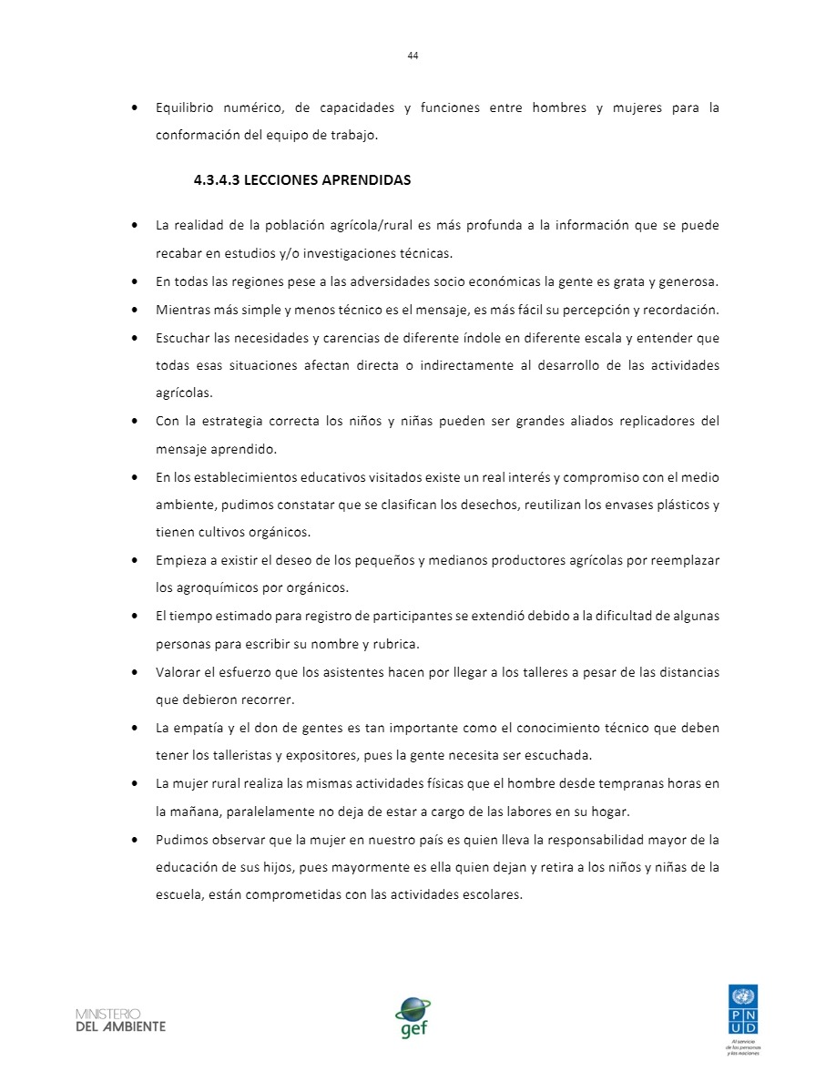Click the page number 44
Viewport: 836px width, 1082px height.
(x=413, y=56)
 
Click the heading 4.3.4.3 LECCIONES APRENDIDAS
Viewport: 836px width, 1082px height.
(x=301, y=180)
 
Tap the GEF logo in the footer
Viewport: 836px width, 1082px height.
(x=413, y=1016)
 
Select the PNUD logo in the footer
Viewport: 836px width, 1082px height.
(x=743, y=1010)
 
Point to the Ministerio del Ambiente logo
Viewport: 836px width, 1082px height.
(x=120, y=1019)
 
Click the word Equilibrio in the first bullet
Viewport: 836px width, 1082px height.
(x=184, y=108)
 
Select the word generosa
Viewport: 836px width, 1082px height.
(x=689, y=281)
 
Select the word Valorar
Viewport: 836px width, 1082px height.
(x=178, y=673)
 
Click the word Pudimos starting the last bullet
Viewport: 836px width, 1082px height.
(x=182, y=840)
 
